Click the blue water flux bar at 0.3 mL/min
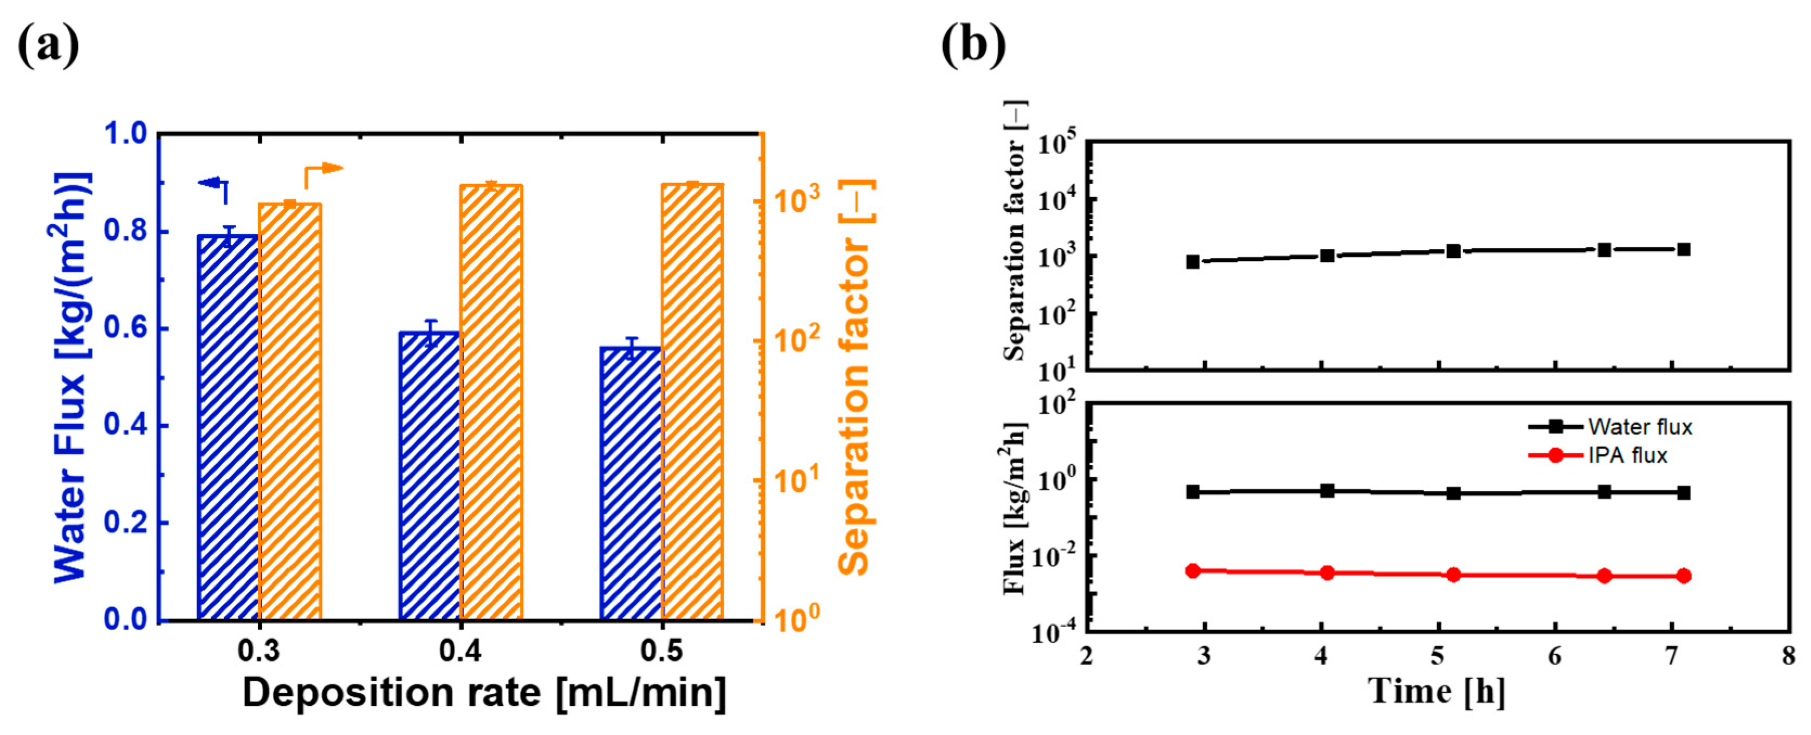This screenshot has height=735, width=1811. click(x=229, y=428)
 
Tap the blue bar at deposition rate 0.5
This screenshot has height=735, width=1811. click(x=631, y=485)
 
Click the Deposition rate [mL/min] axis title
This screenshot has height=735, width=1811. click(x=484, y=693)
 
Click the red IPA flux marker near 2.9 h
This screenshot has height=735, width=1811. click(x=1192, y=570)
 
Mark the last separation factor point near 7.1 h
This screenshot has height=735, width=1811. click(x=1684, y=250)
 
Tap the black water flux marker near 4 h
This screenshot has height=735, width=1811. click(x=1327, y=491)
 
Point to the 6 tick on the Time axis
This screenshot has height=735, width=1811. click(x=1554, y=657)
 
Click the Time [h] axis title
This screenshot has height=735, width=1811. click(x=1436, y=692)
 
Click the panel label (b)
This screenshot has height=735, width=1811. click(x=973, y=45)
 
